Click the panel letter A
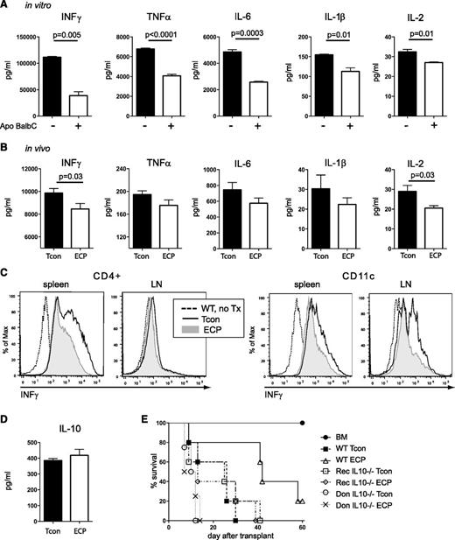pyautogui.click(x=6, y=7)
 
